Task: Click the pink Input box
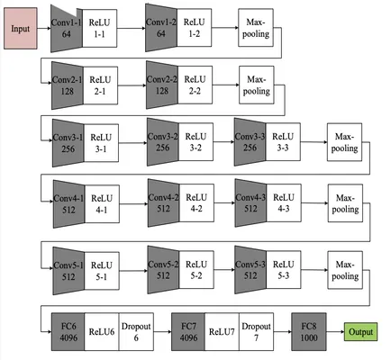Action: (x=21, y=29)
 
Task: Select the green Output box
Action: (x=360, y=332)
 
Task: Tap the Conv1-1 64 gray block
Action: (x=67, y=29)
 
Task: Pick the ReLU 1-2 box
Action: (x=194, y=28)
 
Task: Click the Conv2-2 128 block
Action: (x=162, y=85)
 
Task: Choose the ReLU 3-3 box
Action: (x=283, y=142)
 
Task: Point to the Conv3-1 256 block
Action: (x=68, y=143)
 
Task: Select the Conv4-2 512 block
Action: (x=163, y=203)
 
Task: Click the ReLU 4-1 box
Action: (x=102, y=204)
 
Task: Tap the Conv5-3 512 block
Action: (x=250, y=270)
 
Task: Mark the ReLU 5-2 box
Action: (x=196, y=270)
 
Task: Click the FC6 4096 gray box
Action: (x=68, y=332)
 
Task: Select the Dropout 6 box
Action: (x=136, y=332)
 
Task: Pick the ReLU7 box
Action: (x=222, y=332)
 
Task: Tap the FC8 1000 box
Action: (x=309, y=332)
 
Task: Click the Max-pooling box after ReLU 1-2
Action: (x=256, y=28)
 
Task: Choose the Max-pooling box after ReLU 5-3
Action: (x=345, y=270)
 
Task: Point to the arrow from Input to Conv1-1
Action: (x=44, y=29)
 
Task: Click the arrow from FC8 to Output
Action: (x=335, y=332)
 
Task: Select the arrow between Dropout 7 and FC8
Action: (x=283, y=332)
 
